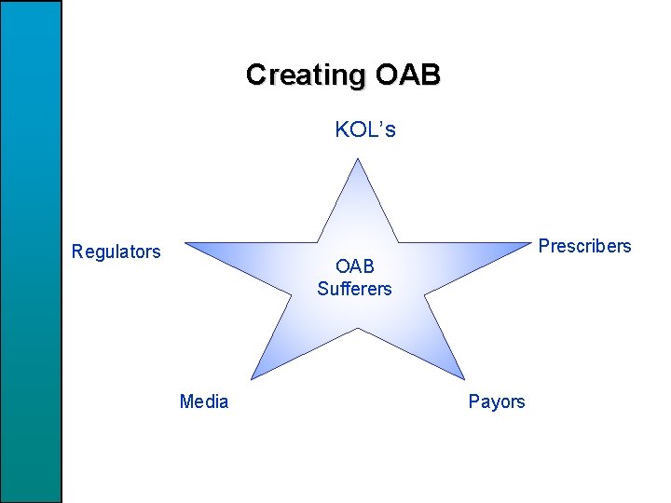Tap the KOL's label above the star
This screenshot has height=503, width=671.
[365, 129]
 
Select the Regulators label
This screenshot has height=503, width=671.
[116, 251]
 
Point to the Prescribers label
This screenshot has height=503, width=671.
[584, 246]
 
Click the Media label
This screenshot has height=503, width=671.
[204, 401]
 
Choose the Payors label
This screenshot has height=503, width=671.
[497, 401]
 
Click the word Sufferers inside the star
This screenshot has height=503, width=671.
[354, 289]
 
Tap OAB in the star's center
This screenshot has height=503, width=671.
[355, 267]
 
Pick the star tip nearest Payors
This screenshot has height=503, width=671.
[464, 376]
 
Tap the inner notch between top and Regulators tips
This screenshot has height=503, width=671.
[317, 243]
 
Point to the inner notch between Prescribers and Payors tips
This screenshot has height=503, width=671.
[425, 294]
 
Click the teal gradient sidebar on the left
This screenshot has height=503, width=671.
[31, 251]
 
